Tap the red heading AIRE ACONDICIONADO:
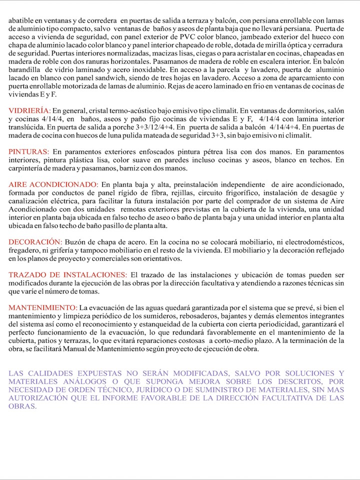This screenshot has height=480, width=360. tap(54, 184)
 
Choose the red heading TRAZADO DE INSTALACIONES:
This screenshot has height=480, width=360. tap(68, 275)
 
